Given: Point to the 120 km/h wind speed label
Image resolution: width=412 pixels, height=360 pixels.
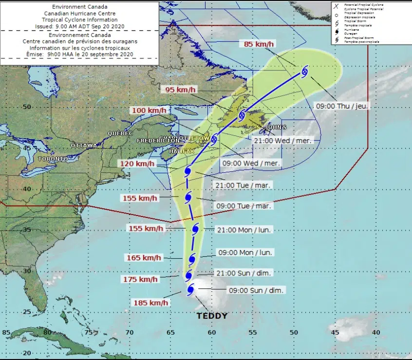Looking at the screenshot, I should coord(133,164).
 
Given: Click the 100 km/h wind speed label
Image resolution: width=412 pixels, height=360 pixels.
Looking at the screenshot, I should coord(146,111).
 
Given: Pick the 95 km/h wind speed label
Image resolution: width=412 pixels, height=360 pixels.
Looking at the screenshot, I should coord(180,90).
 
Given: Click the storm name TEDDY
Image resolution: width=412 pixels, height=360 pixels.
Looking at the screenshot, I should coord(212,316).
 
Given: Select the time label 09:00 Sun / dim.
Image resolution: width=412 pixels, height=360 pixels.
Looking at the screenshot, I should coord(257,290).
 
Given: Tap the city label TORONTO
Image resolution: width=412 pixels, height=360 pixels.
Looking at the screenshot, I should coord(53,159).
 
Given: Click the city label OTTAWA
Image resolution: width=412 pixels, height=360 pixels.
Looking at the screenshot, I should coord(84,145).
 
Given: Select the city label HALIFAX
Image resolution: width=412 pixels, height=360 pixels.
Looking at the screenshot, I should coord(181,151).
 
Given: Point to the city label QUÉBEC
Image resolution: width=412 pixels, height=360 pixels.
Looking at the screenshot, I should coord(120,133).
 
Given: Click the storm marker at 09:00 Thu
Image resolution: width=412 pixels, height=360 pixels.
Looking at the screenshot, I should coord(305,72).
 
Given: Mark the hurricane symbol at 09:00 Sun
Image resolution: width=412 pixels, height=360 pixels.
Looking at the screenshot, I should coord(190,290).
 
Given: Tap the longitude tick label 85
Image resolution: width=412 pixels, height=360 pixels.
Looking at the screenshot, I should coord(6,333).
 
